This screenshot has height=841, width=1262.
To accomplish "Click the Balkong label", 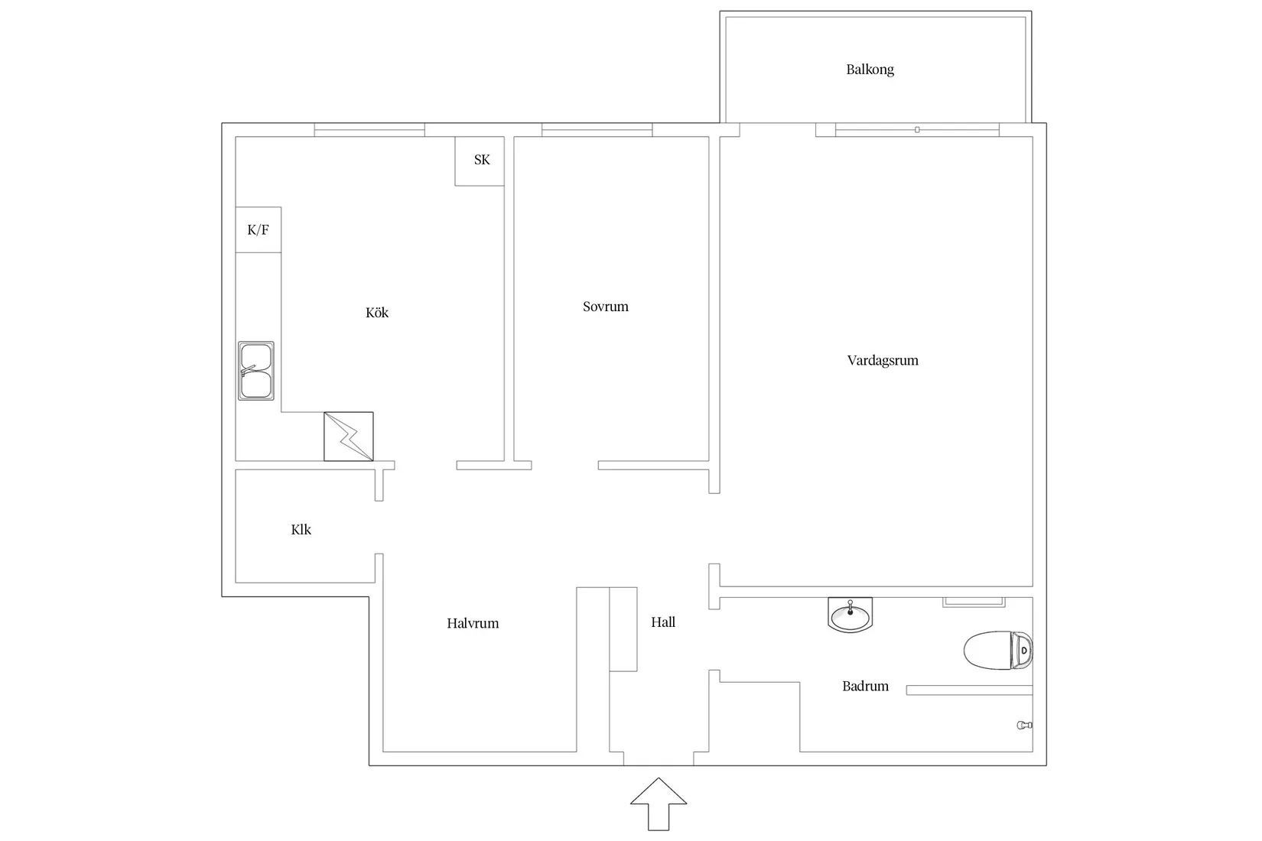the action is tap(870, 70).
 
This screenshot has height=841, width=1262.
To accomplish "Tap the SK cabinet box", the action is tap(480, 161).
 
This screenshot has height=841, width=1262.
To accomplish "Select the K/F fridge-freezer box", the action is tap(258, 230).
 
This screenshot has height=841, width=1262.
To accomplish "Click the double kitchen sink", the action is tap(255, 371).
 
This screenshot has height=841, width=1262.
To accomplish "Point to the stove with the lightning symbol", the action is tap(348, 437).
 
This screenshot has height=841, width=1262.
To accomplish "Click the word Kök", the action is tap(377, 313).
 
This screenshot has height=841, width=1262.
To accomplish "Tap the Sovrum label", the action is tap(606, 307).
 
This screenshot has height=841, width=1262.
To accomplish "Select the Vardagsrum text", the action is tap(883, 361).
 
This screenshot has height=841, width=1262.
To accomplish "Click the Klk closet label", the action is tap(301, 530).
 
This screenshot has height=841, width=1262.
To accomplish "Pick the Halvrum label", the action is tap(473, 623).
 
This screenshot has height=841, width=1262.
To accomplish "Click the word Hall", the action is tap(663, 622).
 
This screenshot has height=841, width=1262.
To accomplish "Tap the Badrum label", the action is tap(865, 686).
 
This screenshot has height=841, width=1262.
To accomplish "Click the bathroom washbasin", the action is tap(851, 615).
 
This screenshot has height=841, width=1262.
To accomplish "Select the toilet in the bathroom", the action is tap(998, 650).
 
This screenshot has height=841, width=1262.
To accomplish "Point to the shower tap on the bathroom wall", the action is tap(1025, 725).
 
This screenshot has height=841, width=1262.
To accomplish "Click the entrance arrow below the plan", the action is tap(658, 804).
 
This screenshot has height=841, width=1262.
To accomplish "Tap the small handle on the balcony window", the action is tap(917, 129).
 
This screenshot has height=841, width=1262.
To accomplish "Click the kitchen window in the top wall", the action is tap(369, 129).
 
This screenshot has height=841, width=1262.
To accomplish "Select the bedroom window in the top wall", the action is tap(597, 129).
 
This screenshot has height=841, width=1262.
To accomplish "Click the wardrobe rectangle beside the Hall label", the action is tap(623, 629).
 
